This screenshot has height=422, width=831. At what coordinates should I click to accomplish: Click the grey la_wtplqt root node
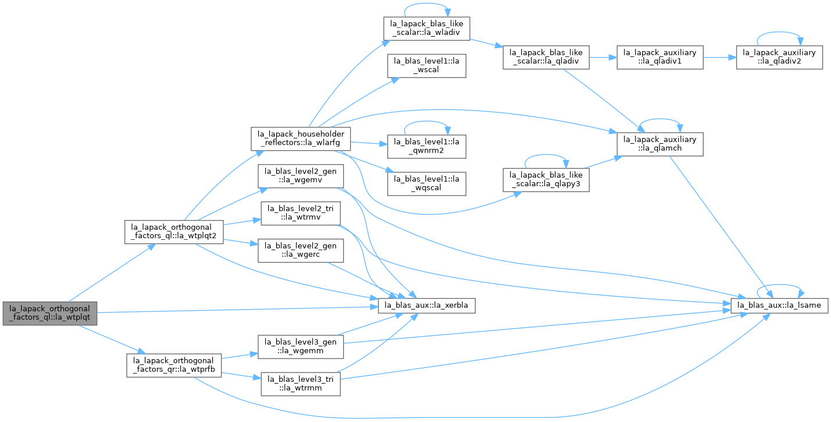tap(49, 313)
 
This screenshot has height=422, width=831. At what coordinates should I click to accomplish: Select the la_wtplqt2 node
tap(174, 232)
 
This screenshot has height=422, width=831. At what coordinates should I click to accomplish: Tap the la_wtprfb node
tap(174, 365)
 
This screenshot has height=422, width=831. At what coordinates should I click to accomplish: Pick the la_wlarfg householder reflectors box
tap(301, 139)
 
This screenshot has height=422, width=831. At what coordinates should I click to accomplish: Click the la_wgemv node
tap(301, 176)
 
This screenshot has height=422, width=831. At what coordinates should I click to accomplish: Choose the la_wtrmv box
tap(301, 213)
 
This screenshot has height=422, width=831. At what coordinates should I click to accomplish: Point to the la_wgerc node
tap(301, 250)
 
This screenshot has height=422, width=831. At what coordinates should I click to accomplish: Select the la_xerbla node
tap(427, 306)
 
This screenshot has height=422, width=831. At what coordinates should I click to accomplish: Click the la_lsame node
tap(779, 306)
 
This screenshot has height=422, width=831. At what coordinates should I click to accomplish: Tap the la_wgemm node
tap(301, 346)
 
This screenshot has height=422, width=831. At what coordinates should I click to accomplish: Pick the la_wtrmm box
tap(301, 384)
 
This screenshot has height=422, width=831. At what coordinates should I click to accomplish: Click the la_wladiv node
tap(427, 29)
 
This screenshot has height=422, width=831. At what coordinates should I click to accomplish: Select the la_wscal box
tap(427, 66)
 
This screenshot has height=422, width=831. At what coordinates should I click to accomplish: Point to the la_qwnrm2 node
tap(427, 146)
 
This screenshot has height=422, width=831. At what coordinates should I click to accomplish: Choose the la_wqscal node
tap(427, 183)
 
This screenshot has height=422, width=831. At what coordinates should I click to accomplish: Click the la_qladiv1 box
tap(660, 57)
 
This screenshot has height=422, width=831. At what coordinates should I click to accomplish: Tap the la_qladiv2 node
tap(779, 57)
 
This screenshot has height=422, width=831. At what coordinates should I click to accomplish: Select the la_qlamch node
tap(660, 144)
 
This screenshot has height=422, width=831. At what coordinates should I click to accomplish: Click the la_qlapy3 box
tap(546, 180)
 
